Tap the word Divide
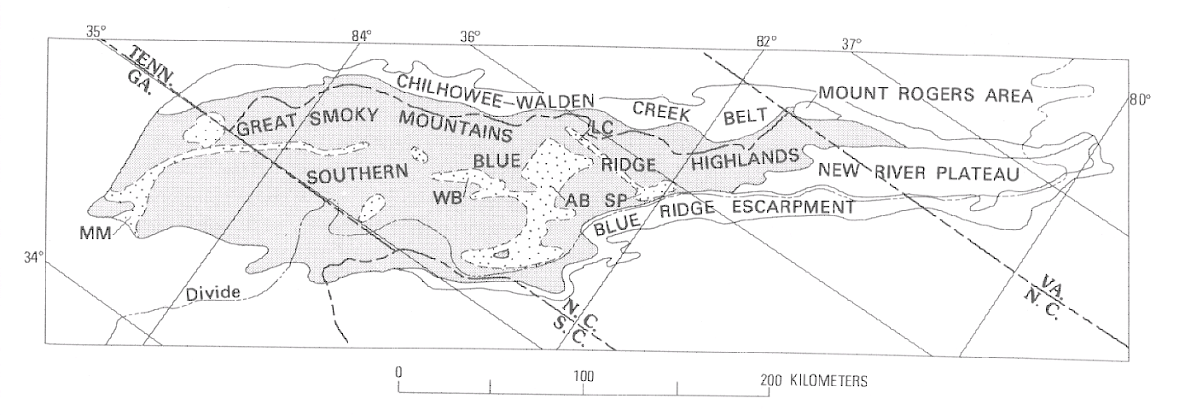tap(212, 294)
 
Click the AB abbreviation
tap(577, 200)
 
